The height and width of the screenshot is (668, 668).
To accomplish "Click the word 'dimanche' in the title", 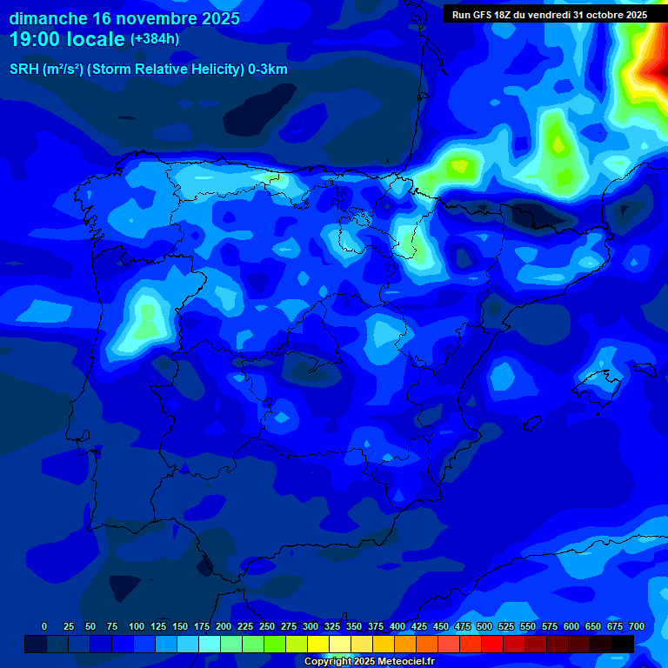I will (x=48, y=17).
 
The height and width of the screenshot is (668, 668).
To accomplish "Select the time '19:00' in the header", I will (x=36, y=39).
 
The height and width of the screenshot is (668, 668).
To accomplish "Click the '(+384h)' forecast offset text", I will (x=154, y=39).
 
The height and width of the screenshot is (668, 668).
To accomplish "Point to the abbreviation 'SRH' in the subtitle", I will (x=24, y=70).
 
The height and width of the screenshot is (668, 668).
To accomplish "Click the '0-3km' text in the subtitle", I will (x=266, y=70).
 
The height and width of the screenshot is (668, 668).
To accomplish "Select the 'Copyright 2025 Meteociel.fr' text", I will (x=369, y=661).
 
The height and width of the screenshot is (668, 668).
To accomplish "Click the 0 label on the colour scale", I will (x=44, y=626).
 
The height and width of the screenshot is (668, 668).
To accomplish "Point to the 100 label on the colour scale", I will (x=136, y=626).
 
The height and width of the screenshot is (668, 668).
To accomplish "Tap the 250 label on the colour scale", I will (x=266, y=626).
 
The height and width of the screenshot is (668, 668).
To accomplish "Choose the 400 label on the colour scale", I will (x=397, y=626).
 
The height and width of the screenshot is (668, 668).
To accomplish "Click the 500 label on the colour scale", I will (x=484, y=626).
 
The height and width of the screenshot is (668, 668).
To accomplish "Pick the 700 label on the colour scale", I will (x=637, y=626).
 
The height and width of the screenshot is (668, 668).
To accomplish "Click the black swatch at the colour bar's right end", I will (x=622, y=644).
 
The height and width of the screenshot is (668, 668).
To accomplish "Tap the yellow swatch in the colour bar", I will (x=317, y=644).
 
